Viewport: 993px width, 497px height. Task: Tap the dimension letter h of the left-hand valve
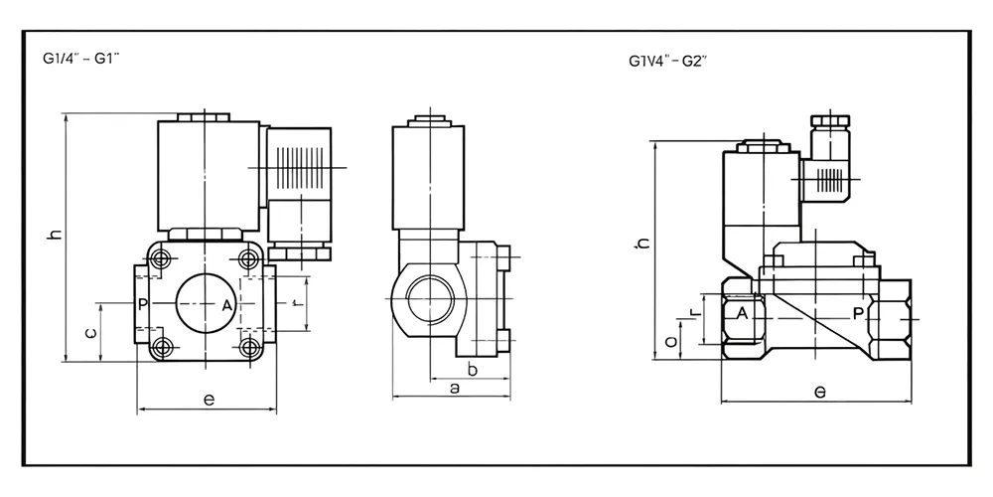pyautogui.click(x=56, y=235)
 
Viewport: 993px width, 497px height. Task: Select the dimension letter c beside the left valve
pyautogui.click(x=90, y=334)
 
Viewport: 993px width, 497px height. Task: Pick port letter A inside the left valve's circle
pyautogui.click(x=226, y=305)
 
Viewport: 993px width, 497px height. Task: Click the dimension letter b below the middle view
pyautogui.click(x=473, y=370)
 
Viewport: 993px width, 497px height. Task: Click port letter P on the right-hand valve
pyautogui.click(x=858, y=313)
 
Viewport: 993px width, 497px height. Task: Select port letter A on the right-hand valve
pyautogui.click(x=741, y=314)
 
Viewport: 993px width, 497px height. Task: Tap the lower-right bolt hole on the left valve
pyautogui.click(x=248, y=347)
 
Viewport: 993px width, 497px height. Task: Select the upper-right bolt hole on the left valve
pyautogui.click(x=248, y=260)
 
